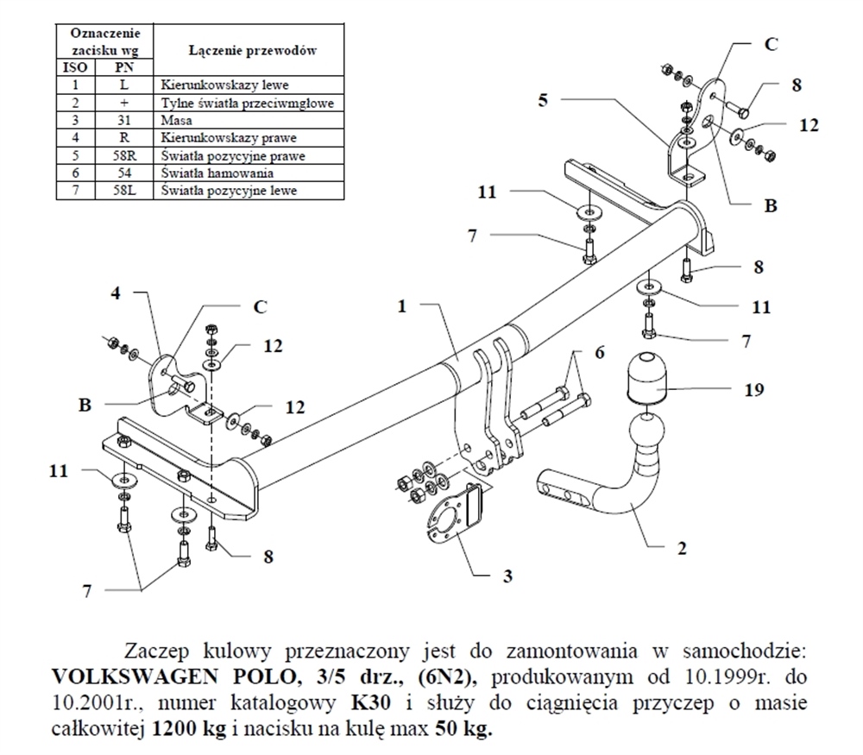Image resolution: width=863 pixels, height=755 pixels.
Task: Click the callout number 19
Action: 753,389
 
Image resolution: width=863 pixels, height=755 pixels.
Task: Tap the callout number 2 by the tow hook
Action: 681,547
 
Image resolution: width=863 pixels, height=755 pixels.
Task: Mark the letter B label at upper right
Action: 771,205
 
